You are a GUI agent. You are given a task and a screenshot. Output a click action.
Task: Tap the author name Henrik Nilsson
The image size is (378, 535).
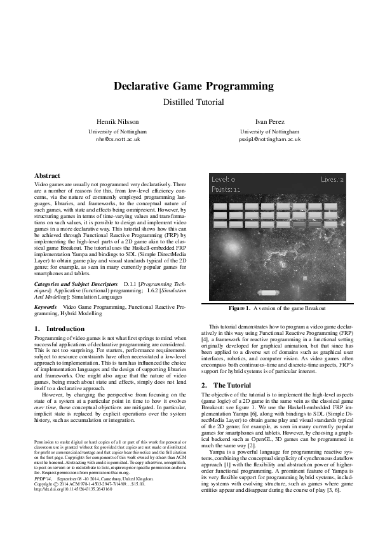coord(118,120)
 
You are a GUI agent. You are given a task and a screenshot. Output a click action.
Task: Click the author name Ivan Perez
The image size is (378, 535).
coord(260,120)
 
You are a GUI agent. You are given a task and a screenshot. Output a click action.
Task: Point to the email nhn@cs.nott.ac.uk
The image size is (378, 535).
coord(118,138)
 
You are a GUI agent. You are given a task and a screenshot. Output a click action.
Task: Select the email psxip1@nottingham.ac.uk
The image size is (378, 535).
coord(260,138)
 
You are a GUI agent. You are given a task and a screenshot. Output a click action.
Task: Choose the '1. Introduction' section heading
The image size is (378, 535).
coord(58,328)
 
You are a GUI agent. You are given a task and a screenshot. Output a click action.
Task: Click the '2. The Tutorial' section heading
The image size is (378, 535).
coord(226,385)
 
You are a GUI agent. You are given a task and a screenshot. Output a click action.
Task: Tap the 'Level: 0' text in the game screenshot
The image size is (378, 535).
coord(224,179)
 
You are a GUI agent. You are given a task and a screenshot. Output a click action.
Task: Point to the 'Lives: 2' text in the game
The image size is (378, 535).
coord(332,179)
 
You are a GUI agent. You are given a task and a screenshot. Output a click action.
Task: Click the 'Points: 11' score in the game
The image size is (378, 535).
coord(226,189)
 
